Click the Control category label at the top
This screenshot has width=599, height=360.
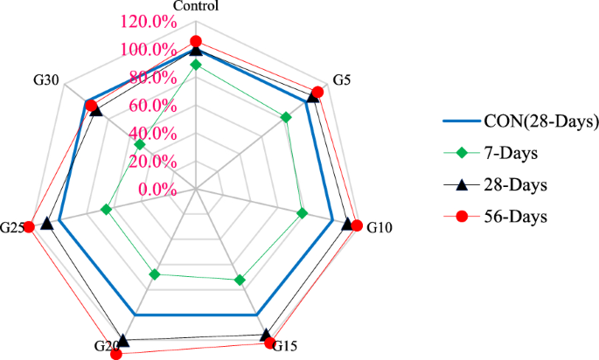point(196,7)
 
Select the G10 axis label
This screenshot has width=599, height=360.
point(380,227)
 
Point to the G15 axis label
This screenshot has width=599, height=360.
point(285,347)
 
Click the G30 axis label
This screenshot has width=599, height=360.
point(45,80)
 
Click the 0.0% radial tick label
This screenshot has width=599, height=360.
point(158,190)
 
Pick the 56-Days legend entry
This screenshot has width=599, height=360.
point(515,216)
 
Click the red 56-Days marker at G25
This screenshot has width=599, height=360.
point(29,227)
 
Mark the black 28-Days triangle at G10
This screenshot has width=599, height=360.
point(348,224)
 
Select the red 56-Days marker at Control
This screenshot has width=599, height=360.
point(196,41)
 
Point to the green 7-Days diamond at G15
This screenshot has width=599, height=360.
point(240,280)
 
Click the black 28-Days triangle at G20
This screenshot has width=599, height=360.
point(123,340)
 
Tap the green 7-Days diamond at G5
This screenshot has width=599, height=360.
point(285,117)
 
